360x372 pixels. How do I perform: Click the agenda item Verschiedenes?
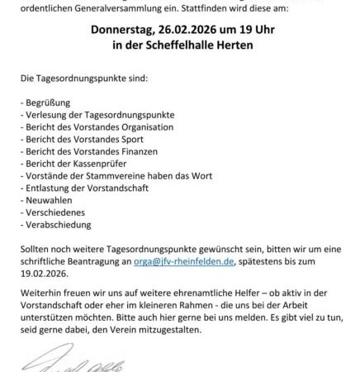click(53, 225)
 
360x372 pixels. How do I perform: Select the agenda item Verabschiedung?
click(55, 237)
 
